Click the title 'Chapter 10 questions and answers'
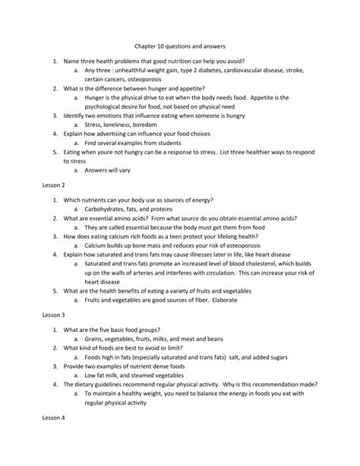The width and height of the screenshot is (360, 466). coord(179,45)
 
